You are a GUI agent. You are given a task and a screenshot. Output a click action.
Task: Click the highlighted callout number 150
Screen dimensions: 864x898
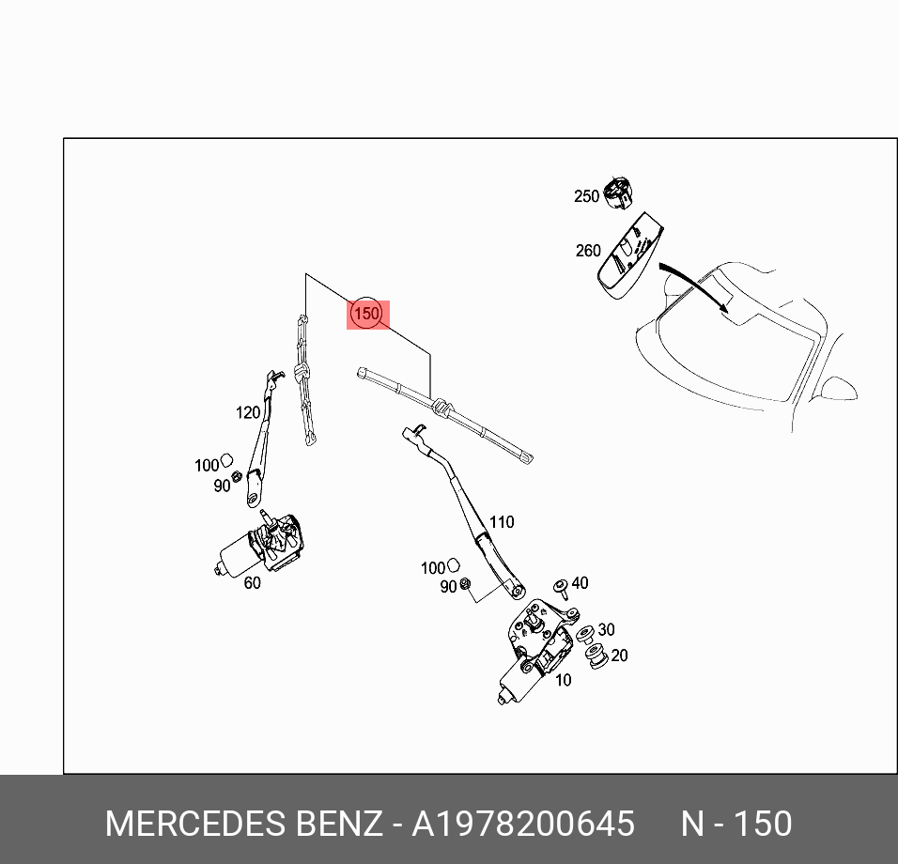pyautogui.click(x=366, y=314)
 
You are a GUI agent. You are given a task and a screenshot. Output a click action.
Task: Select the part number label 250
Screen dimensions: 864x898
pyautogui.click(x=586, y=196)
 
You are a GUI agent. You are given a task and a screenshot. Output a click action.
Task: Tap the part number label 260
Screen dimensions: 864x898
pyautogui.click(x=588, y=251)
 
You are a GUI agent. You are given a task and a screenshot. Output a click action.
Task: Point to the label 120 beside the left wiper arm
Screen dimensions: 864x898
pyautogui.click(x=247, y=412)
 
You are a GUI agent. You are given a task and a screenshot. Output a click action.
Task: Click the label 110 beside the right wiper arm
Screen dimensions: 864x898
pyautogui.click(x=502, y=522)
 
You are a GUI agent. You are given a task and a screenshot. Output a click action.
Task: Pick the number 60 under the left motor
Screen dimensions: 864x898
pyautogui.click(x=252, y=583)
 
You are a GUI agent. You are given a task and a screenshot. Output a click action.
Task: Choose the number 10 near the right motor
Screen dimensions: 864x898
pyautogui.click(x=563, y=680)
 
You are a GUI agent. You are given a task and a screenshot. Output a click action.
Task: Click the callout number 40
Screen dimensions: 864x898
pyautogui.click(x=580, y=583)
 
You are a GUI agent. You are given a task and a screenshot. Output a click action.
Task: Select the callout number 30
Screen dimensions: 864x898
pyautogui.click(x=606, y=630)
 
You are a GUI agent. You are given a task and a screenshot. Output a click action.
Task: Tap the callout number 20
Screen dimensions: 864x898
pyautogui.click(x=619, y=656)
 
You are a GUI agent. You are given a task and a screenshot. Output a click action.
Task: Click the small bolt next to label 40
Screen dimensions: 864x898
pyautogui.click(x=561, y=589)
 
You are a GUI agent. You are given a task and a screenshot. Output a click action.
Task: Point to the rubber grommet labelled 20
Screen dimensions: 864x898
pyautogui.click(x=595, y=658)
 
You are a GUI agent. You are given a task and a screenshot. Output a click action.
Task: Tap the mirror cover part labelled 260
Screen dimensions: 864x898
pyautogui.click(x=626, y=255)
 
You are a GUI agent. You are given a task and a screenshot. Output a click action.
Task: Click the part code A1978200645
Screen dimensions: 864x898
pyautogui.click(x=524, y=825)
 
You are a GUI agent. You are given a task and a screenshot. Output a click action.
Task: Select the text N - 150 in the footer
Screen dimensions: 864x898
pyautogui.click(x=736, y=825)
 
